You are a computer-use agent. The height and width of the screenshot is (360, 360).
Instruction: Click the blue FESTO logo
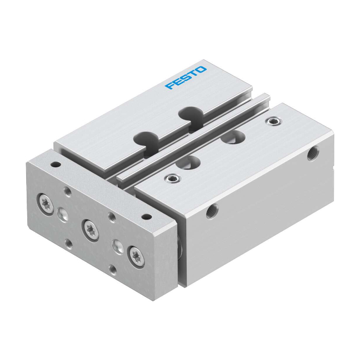point(186,78)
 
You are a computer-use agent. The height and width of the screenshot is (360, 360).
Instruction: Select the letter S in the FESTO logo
point(186,77)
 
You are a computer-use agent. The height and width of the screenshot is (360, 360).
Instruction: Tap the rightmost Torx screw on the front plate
point(136,256)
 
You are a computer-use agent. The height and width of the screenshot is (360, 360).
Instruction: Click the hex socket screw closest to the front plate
point(173,178)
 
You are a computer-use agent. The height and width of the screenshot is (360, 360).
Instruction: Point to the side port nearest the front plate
point(211,211)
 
